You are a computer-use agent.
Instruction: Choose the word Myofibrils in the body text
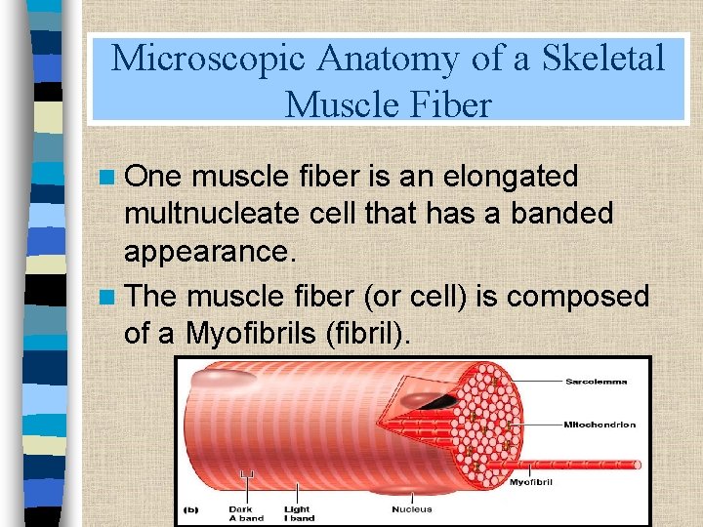click(x=261, y=333)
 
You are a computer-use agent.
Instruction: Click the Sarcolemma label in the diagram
click(x=597, y=381)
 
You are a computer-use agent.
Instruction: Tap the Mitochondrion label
click(x=600, y=425)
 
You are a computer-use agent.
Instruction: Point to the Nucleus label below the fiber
click(x=412, y=508)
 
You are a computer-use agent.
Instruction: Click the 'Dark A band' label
click(x=240, y=512)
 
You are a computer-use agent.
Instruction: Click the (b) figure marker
click(x=192, y=509)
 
